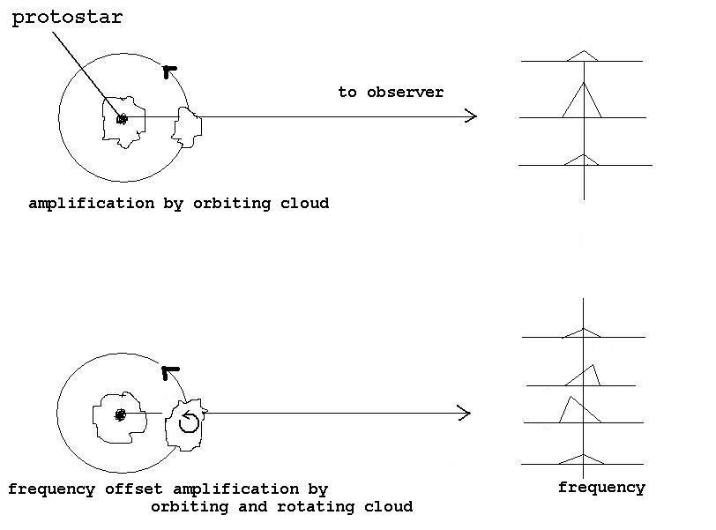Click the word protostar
tap(67, 19)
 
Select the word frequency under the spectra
tap(601, 488)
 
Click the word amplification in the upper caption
tap(92, 204)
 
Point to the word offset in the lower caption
tap(133, 489)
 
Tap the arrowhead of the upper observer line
tap(471, 116)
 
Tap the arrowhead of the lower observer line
tap(465, 413)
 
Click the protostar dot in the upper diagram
tap(122, 119)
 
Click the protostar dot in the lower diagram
tap(120, 415)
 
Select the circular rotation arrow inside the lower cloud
tap(189, 422)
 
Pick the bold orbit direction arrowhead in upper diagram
tap(169, 71)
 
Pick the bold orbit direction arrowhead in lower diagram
tap(170, 372)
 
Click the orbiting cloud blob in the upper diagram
tap(187, 127)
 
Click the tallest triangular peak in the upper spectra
tap(582, 100)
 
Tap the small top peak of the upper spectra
tap(583, 56)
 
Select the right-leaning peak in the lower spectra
tap(584, 376)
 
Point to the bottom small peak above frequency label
tap(582, 459)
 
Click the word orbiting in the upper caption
tap(232, 204)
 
